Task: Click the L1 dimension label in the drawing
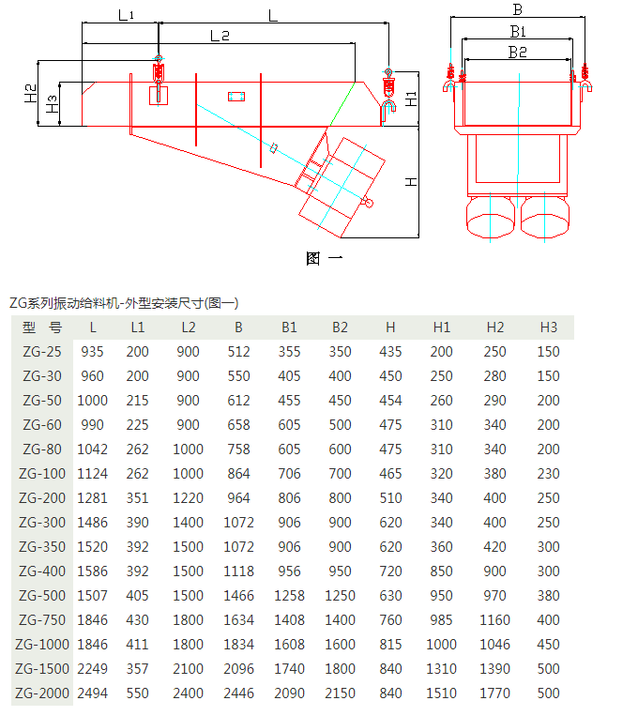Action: click(126, 15)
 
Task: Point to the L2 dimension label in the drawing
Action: click(220, 36)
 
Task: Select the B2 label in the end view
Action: click(517, 53)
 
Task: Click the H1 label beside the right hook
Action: click(411, 97)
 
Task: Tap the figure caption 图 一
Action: click(325, 258)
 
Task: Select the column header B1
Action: click(289, 328)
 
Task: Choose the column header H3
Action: click(548, 328)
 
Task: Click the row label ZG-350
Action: click(41, 547)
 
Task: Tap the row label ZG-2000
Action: click(41, 693)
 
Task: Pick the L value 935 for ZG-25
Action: click(93, 352)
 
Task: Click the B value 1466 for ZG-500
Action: click(238, 596)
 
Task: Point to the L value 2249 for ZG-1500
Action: click(92, 669)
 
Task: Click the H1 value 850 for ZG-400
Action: click(442, 571)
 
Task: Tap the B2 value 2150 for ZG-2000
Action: click(340, 693)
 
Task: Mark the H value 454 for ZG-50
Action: click(390, 401)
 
